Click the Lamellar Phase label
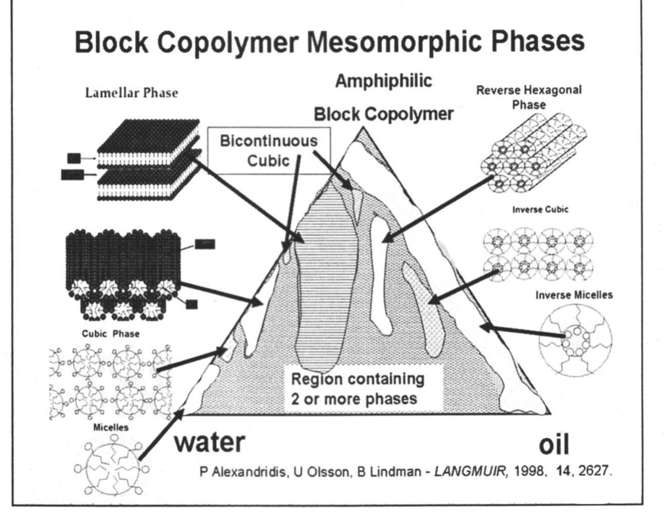131,93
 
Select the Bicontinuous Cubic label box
268,150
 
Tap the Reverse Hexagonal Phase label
529,97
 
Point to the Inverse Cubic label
540,209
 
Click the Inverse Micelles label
574,295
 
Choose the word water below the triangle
210,442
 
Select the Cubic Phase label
110,334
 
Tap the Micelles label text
111,427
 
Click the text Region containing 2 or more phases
358,389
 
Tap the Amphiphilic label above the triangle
383,81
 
